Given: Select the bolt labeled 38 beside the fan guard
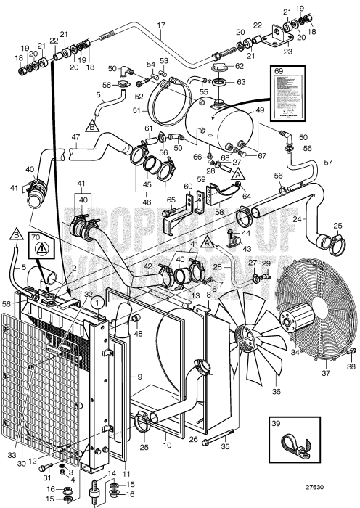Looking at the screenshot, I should tap(351, 355).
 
